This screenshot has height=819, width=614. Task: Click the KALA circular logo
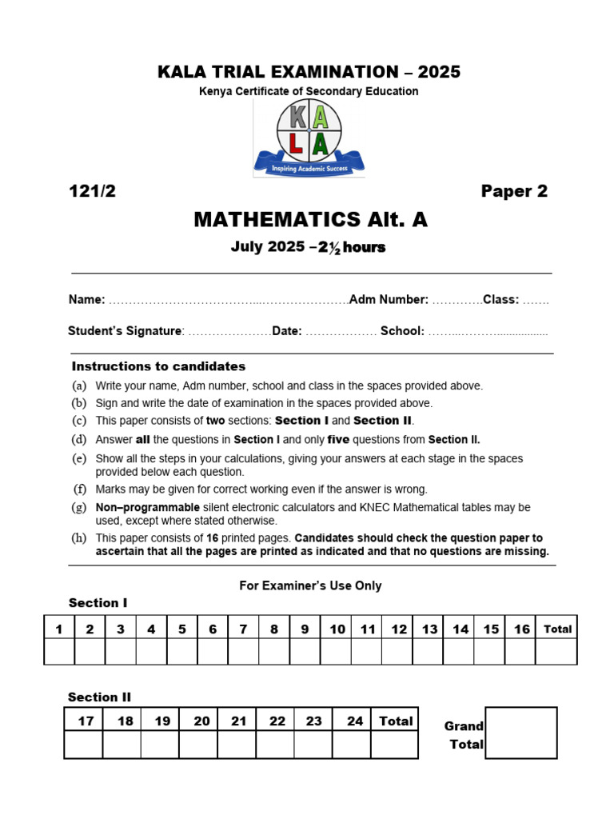tap(309, 130)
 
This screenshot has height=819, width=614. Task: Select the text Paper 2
tap(514, 191)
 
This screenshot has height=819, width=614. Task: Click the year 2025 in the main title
tap(438, 72)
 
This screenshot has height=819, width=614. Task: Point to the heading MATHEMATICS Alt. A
tap(310, 219)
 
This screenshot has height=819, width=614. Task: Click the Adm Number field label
tap(389, 299)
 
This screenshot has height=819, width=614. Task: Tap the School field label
tap(402, 331)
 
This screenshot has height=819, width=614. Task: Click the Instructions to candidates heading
tap(158, 366)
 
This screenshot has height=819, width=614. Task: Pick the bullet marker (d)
tap(79, 439)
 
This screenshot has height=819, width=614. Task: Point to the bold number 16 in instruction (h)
tap(213, 537)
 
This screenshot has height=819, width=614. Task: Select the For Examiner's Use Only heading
tap(310, 585)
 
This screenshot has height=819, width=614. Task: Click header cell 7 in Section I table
tap(243, 629)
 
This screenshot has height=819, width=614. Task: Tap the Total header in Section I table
tap(557, 629)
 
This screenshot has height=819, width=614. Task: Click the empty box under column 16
tap(521, 652)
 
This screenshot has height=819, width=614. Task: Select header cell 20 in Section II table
tap(201, 721)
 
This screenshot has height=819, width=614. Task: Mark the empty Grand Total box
tap(521, 733)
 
